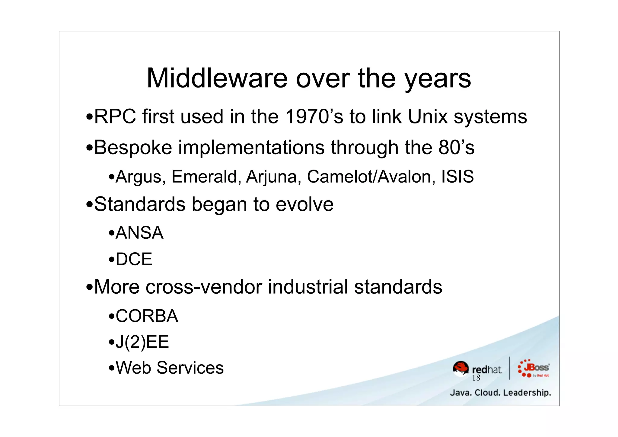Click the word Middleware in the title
pos(217,78)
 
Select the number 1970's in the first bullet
pos(314,116)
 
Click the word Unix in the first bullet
pos(428,116)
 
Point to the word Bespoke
pos(133,148)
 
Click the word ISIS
pos(457,177)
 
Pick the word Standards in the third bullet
pos(140,204)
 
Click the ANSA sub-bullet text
pos(139,233)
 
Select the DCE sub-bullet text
pos(134,259)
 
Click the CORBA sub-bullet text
pos(147,316)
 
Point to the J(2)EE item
pos(142,342)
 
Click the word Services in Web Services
pos(190,368)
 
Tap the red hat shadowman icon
pos(461,368)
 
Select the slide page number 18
pos(476,378)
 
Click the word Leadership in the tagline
pos(527,393)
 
